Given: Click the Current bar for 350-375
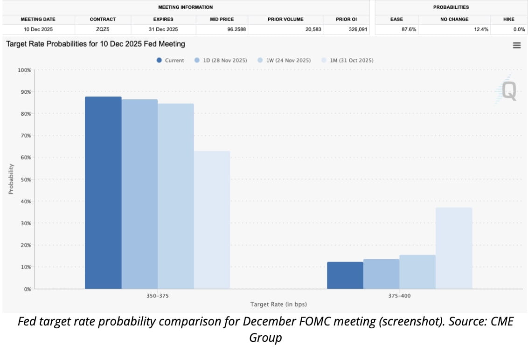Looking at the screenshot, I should coord(103,193).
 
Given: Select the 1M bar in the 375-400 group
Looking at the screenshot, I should coord(454,248).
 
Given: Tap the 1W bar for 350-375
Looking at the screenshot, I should coord(176,196).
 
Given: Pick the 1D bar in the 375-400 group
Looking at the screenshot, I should coord(381,274).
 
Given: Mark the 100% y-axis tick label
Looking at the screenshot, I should coord(24,70).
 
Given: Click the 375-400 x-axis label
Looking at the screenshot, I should coord(400,296).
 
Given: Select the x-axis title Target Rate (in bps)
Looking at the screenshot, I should coord(278,305).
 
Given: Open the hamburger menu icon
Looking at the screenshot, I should coord(516,45).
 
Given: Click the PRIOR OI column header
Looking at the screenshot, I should coord(346,19).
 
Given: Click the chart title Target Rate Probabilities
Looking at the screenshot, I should coord(95,44).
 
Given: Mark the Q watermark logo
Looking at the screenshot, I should coord(508,90).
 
